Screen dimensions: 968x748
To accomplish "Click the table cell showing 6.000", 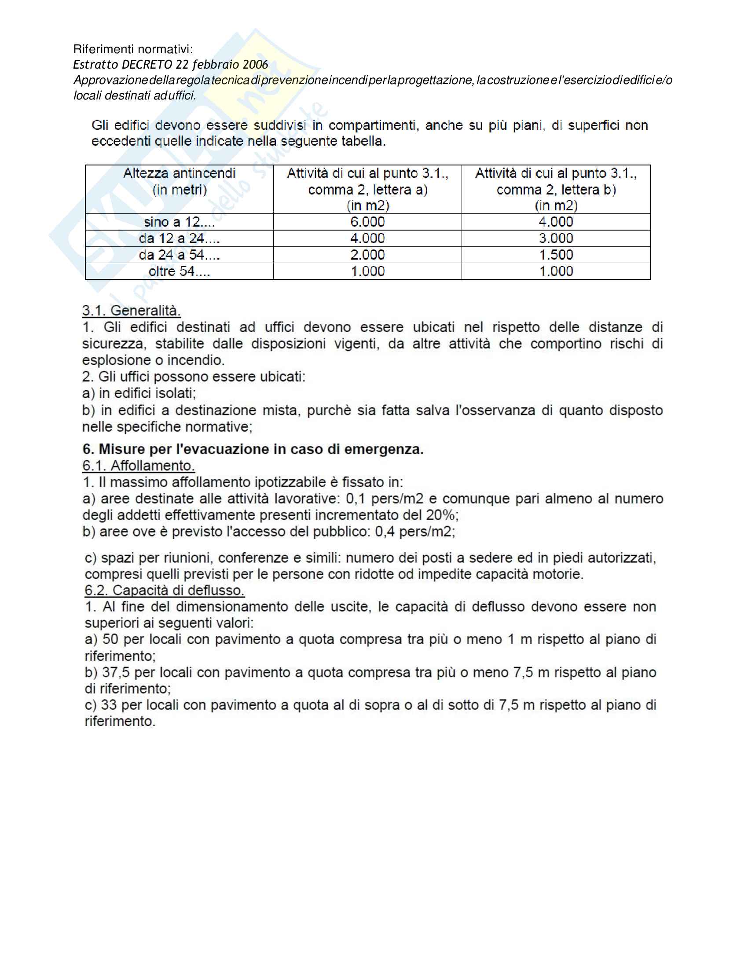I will coord(367,222).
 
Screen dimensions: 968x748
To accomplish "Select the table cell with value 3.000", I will coord(556,238).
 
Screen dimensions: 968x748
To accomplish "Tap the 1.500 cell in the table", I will coord(556,255).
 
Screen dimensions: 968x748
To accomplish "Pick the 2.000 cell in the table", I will coord(367,255).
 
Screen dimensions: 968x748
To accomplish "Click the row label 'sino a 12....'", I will coord(179,222).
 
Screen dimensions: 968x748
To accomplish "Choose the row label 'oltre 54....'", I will coord(179,271).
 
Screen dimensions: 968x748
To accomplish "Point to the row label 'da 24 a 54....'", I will coord(179,255).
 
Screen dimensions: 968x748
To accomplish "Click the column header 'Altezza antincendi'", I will coord(179,173).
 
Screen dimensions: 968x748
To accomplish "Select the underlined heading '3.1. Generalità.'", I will coord(131,311).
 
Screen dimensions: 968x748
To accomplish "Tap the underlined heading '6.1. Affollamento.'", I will coord(138,466).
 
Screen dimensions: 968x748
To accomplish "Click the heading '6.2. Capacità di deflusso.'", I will coord(165,590).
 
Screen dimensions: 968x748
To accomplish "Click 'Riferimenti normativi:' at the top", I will coord(133,49).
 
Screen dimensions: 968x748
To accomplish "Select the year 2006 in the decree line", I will coord(255,65).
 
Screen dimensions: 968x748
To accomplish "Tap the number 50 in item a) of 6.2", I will coord(110,639).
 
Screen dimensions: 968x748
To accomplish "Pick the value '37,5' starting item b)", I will coord(116,672).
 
